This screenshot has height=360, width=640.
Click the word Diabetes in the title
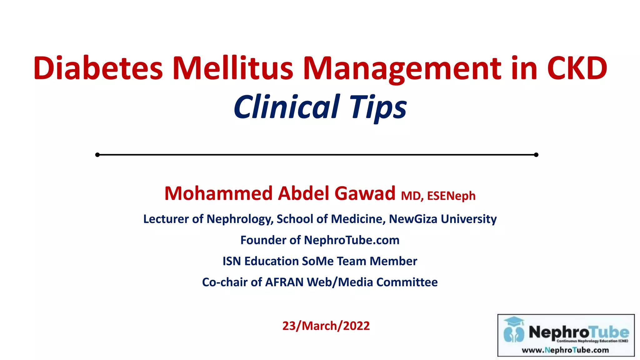[x=98, y=68]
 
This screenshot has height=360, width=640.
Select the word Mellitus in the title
[x=232, y=68]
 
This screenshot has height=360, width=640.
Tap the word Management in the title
[x=402, y=68]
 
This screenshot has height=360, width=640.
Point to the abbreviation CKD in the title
[x=577, y=68]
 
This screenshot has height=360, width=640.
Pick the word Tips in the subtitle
[x=378, y=107]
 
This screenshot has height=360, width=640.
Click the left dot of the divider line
[x=97, y=155]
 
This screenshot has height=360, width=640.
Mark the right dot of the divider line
[x=536, y=155]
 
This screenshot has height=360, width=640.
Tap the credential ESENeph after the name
[x=451, y=196]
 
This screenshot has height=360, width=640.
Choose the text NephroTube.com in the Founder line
[x=352, y=240]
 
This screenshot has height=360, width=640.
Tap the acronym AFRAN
[x=284, y=282]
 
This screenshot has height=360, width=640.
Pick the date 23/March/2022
[x=326, y=326]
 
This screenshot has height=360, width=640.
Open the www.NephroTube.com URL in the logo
[x=565, y=350]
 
